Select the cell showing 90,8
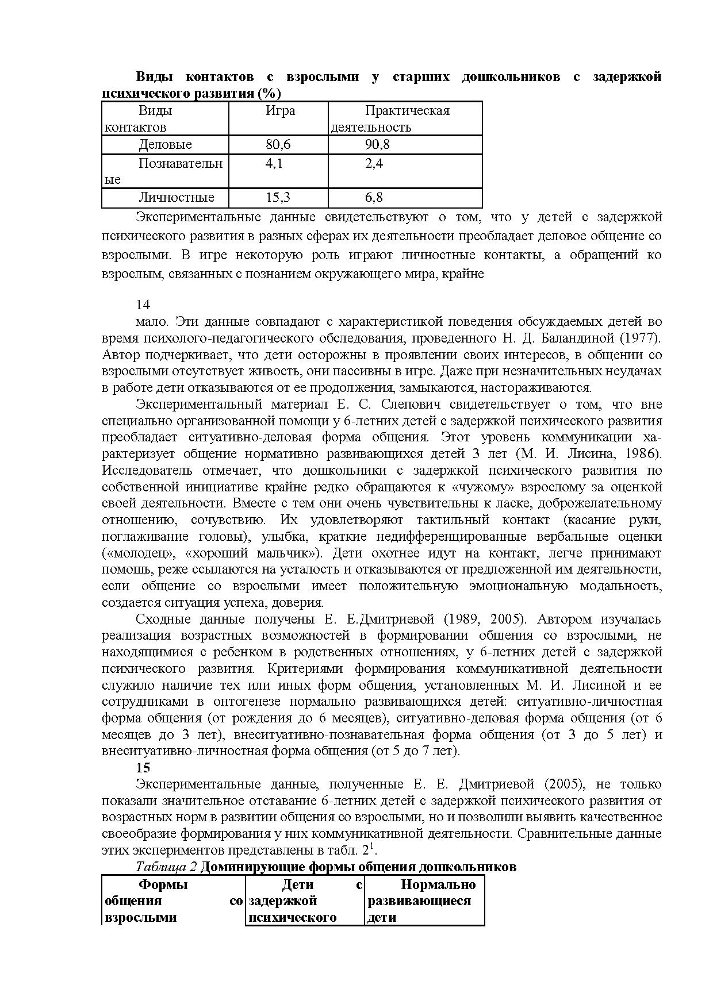[377, 145]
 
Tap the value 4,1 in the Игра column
[274, 163]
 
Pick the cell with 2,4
[374, 163]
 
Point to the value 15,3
[278, 198]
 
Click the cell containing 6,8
[374, 198]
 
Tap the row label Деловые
[165, 145]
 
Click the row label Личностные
[176, 198]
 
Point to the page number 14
[143, 305]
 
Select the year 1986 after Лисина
[642, 454]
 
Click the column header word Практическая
[407, 110]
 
